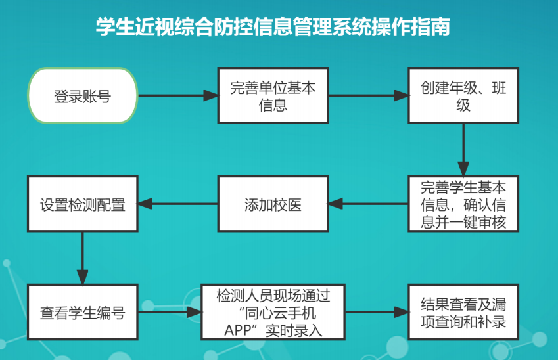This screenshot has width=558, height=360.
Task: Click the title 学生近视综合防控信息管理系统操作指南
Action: [x=273, y=26]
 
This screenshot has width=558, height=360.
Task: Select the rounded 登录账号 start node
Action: [x=83, y=95]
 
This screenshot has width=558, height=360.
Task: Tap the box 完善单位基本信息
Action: [x=273, y=95]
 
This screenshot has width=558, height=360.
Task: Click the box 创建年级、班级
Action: [x=463, y=95]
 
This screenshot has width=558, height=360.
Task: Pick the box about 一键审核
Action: [x=463, y=204]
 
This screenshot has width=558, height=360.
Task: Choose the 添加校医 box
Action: [x=273, y=204]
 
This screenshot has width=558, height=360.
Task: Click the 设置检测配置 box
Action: [x=83, y=204]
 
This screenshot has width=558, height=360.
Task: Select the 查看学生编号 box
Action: [x=83, y=312]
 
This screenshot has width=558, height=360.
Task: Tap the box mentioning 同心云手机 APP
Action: [x=273, y=312]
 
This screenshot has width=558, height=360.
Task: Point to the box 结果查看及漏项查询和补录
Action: [x=463, y=312]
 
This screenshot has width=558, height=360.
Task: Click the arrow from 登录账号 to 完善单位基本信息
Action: [x=178, y=95]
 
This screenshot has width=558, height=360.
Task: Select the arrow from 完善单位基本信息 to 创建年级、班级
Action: [x=368, y=95]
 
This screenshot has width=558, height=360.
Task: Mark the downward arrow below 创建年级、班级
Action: [x=463, y=150]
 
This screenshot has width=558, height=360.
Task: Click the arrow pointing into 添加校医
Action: [x=368, y=204]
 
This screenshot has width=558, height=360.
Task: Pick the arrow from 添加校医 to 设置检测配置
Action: [x=178, y=204]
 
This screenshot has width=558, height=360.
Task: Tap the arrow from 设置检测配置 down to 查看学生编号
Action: [x=83, y=258]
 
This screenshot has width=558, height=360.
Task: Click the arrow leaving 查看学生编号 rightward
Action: [x=170, y=312]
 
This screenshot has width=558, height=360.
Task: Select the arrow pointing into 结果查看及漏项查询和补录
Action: [x=377, y=312]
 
